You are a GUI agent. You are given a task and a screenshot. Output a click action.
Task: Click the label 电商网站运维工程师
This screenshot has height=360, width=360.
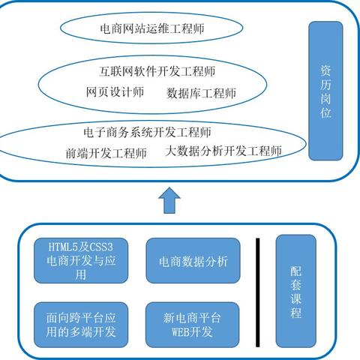(152, 30)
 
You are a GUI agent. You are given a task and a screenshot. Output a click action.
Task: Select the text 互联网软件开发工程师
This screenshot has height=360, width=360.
(157, 73)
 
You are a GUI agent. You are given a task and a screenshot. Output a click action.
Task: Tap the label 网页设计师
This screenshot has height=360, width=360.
(115, 93)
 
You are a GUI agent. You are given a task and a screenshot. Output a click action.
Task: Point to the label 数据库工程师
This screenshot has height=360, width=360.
(201, 94)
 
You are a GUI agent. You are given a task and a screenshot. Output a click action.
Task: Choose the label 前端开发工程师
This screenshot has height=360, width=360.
(106, 153)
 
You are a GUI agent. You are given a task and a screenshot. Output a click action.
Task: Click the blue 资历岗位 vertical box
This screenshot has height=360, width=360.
(325, 91)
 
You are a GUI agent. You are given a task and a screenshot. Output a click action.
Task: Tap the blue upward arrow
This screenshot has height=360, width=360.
(170, 200)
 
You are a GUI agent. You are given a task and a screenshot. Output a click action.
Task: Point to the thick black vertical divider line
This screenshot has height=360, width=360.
(257, 288)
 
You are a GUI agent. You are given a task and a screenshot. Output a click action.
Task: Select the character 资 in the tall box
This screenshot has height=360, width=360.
(325, 69)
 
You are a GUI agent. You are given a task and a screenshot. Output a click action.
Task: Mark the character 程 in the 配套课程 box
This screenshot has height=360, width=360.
(296, 312)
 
